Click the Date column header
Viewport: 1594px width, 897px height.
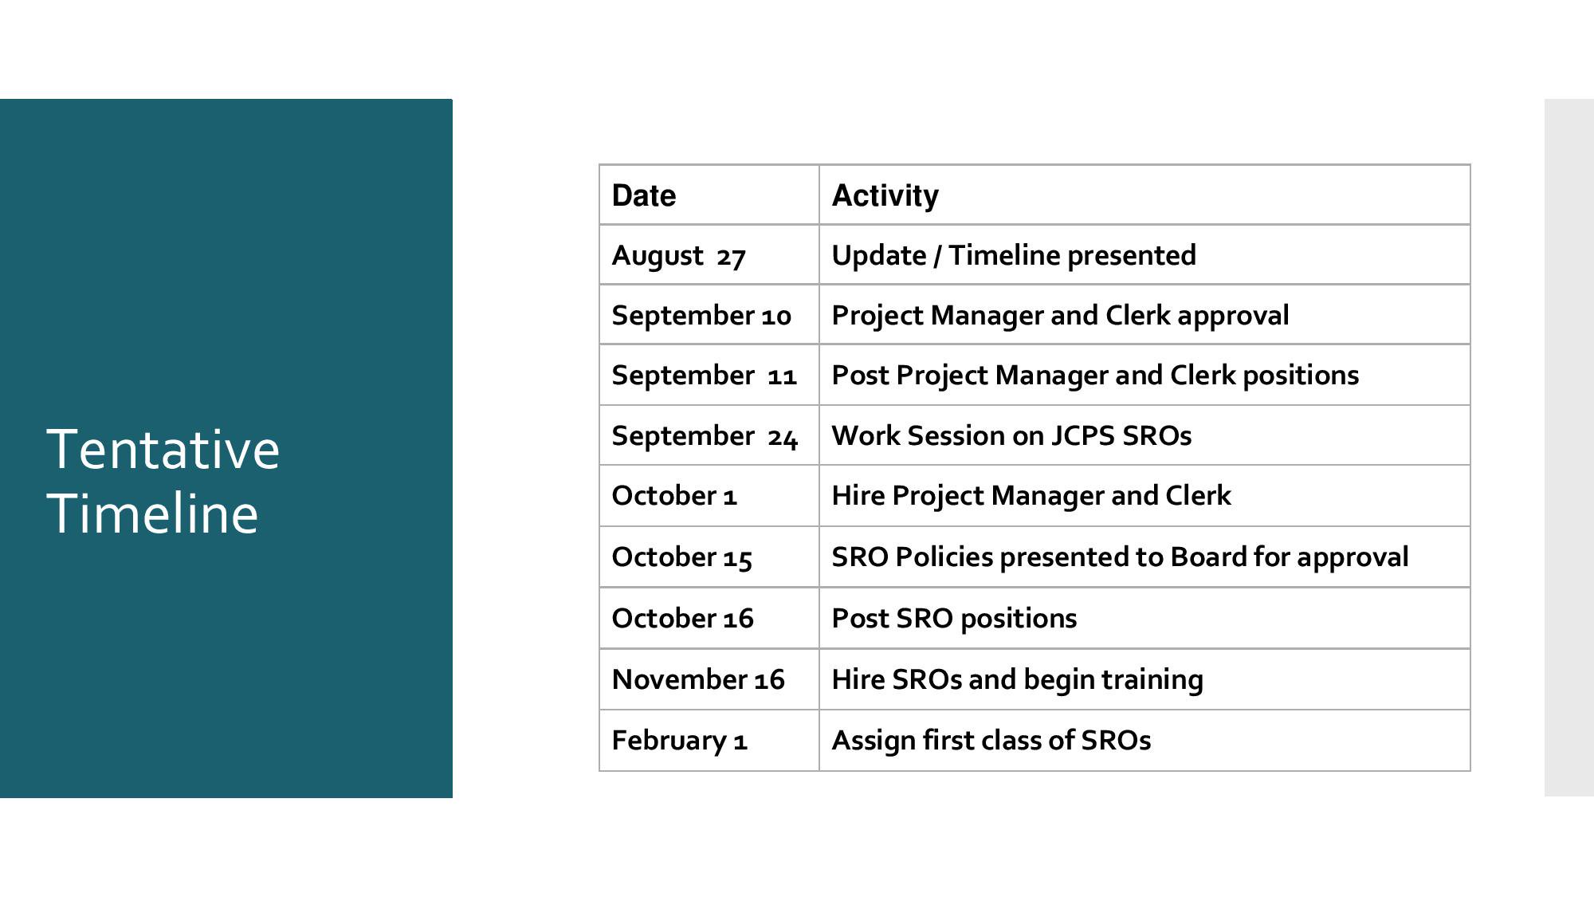point(643,195)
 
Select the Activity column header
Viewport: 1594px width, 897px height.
point(885,196)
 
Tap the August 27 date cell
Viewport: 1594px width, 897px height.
point(678,256)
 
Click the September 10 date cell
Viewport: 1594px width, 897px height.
point(701,316)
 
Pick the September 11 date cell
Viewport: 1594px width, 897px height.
point(705,376)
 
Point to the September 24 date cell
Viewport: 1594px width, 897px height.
point(705,436)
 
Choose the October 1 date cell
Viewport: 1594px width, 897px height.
point(674,496)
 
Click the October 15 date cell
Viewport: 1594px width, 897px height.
point(681,557)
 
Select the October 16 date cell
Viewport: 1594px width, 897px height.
point(682,619)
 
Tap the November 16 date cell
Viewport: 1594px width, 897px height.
point(698,679)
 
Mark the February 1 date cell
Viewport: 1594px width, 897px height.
point(679,741)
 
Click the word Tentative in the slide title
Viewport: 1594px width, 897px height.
point(163,449)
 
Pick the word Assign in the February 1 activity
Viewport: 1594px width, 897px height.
point(874,741)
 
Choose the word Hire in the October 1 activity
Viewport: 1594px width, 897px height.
point(858,496)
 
